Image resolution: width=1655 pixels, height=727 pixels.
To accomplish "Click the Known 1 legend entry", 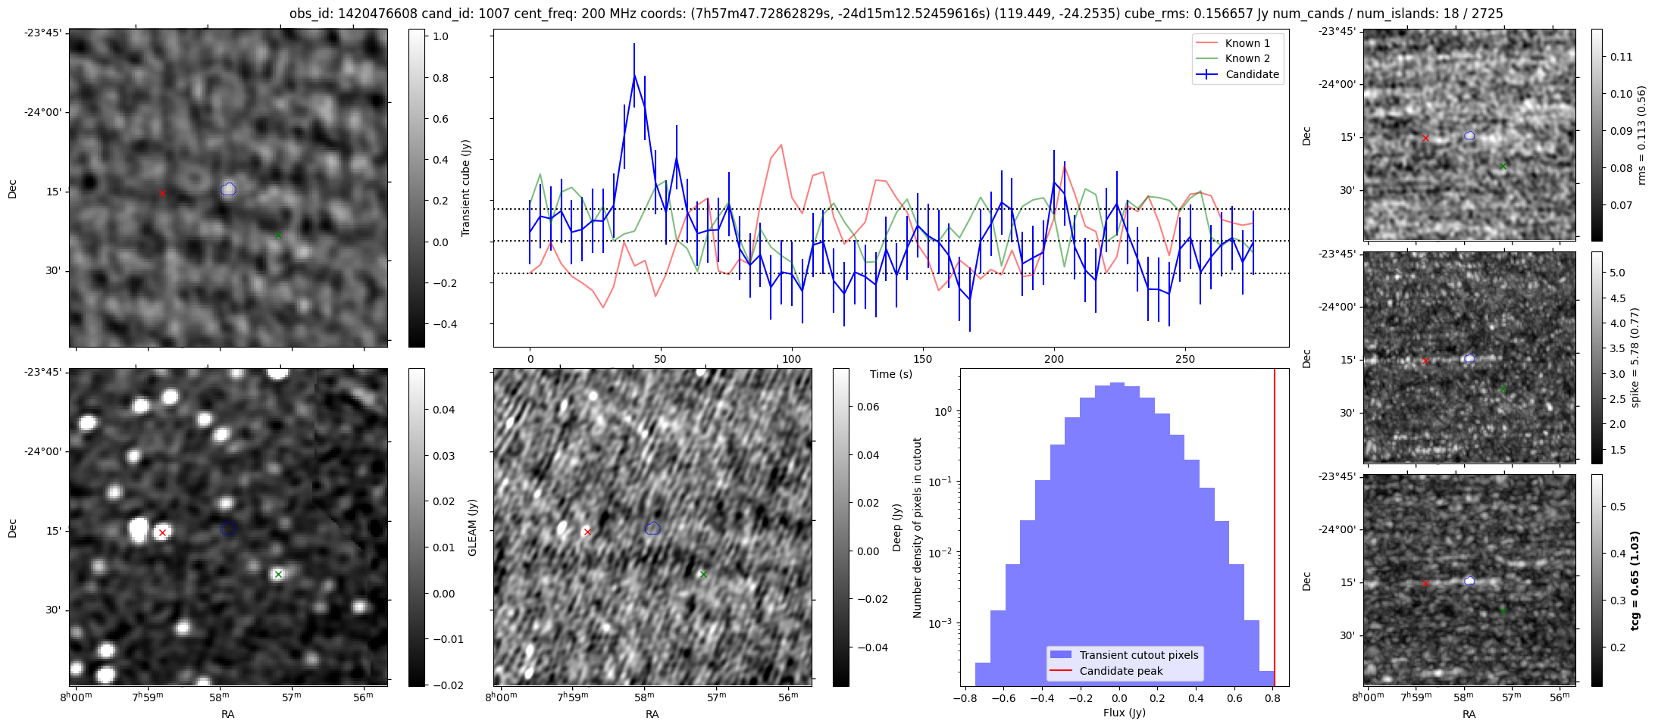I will pos(1247,43).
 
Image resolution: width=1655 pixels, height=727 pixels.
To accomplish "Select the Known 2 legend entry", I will pos(1247,58).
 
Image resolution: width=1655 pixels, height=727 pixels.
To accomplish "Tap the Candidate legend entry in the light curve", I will pos(1252,74).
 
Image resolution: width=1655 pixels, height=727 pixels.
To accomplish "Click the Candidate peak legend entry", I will pos(1121,671).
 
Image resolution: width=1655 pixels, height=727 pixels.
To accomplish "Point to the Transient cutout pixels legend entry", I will pos(1139,655).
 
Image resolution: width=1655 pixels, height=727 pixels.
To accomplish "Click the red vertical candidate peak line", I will pos(1275,530).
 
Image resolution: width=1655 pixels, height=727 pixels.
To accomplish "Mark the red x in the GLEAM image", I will pos(162,532).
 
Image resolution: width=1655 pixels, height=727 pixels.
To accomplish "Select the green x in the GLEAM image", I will pos(278,574).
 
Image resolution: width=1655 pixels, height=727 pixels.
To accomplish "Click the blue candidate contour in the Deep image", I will pos(652,528).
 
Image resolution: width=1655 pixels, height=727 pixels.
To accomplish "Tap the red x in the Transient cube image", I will pos(162,193).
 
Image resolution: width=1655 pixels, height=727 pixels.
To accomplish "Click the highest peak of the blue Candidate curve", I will pos(634,75).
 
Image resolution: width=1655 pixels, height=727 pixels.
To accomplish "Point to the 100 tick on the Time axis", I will pos(791,359).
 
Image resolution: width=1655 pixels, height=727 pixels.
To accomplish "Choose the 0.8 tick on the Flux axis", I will pos(1273,698).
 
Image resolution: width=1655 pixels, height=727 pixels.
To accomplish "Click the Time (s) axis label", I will pos(891,374).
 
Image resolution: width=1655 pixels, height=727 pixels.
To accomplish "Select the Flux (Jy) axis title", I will pos(1125,713).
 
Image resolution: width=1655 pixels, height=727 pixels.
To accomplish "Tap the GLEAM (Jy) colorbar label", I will pos(472,528).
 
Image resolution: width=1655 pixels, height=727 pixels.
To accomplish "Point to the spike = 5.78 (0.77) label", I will pos(1635,357).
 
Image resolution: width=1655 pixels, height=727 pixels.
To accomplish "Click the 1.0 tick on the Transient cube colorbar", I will pos(440,36).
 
